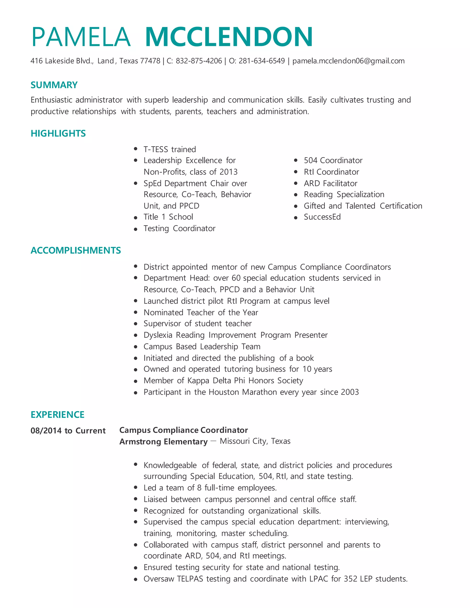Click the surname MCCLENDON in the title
click(229, 37)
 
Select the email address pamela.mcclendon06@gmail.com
click(348, 61)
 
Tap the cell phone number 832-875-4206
click(199, 61)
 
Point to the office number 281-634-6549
click(262, 61)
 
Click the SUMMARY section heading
click(54, 85)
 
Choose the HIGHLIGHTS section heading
click(58, 133)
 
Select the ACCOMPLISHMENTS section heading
click(76, 250)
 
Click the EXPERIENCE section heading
click(57, 415)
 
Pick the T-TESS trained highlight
click(170, 150)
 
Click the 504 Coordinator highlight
click(333, 160)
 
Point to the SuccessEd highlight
click(322, 217)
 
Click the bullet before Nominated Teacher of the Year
click(136, 312)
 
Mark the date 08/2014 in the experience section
click(46, 431)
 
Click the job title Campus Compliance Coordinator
click(184, 430)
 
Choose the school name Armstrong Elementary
click(163, 441)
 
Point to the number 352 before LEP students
click(350, 579)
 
